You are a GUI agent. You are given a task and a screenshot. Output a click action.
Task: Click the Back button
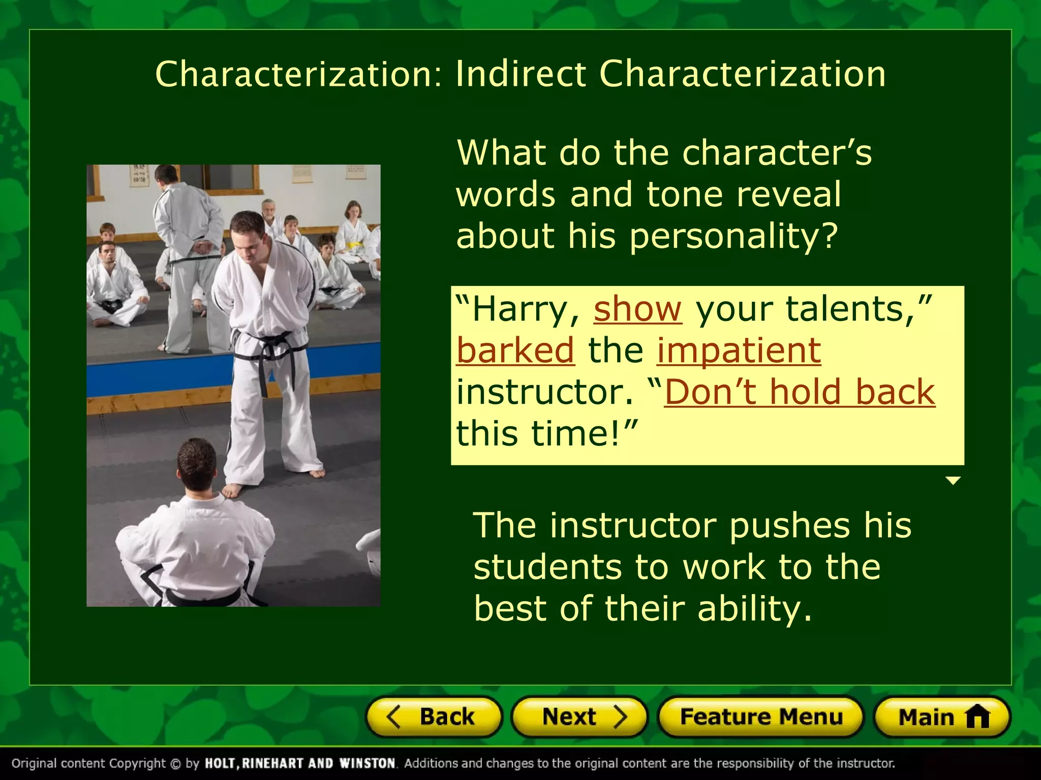pyautogui.click(x=434, y=717)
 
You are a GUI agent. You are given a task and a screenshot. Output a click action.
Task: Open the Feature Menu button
pyautogui.click(x=761, y=717)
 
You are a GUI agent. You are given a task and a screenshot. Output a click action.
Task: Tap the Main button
pyautogui.click(x=942, y=717)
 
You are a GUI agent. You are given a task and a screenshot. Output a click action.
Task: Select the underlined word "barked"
pyautogui.click(x=515, y=350)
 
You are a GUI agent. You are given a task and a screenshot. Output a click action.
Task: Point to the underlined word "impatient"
pyautogui.click(x=739, y=350)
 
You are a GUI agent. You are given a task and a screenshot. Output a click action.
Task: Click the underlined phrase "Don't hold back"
pyautogui.click(x=800, y=392)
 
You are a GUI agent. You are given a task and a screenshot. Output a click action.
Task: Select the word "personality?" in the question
pyautogui.click(x=733, y=237)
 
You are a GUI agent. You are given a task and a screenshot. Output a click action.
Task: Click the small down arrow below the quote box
pyautogui.click(x=953, y=480)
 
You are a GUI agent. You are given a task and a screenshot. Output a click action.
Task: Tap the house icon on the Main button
pyautogui.click(x=977, y=718)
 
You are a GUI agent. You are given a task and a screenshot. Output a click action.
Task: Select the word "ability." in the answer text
pyautogui.click(x=755, y=609)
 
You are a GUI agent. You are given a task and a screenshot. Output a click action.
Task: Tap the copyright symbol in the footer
pyautogui.click(x=175, y=764)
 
